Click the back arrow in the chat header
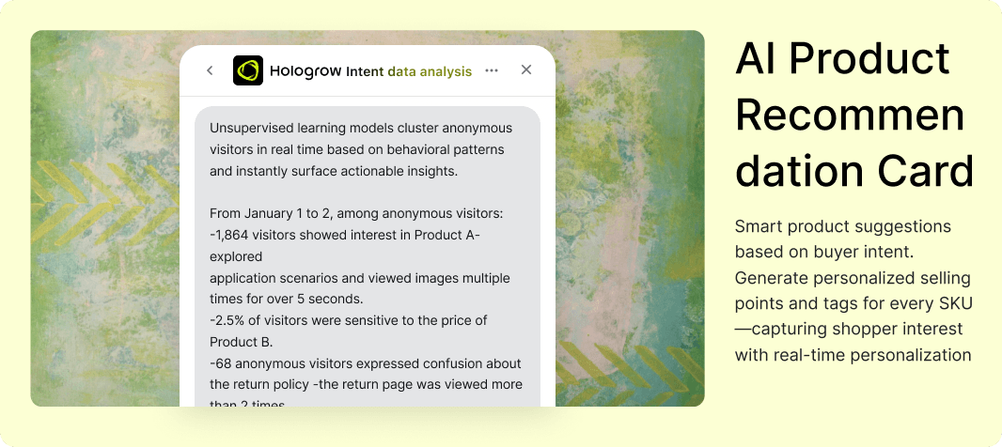point(210,70)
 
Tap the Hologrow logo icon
point(248,70)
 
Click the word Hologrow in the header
point(305,70)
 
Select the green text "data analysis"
point(430,71)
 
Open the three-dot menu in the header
point(492,70)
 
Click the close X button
point(526,69)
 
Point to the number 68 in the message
point(223,363)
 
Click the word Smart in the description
point(758,226)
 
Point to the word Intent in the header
point(365,71)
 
